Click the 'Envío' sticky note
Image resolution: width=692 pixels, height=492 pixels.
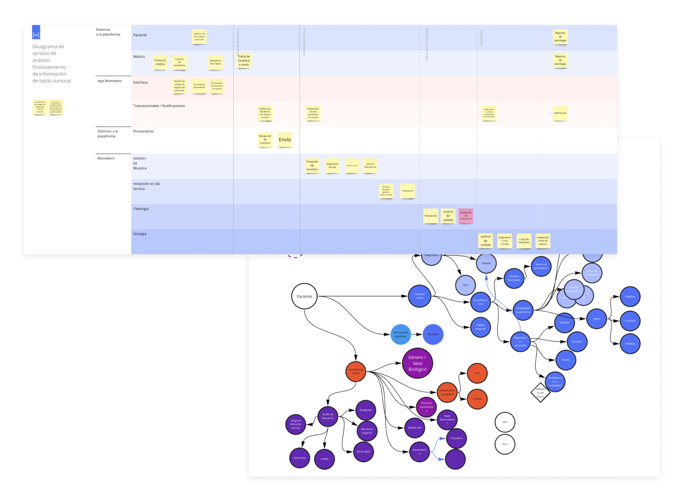pyautogui.click(x=285, y=140)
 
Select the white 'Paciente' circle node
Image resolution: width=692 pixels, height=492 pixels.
pyautogui.click(x=304, y=296)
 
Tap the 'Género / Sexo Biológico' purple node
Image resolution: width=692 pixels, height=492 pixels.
pyautogui.click(x=417, y=363)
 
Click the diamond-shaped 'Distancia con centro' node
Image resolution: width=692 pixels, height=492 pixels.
pyautogui.click(x=540, y=393)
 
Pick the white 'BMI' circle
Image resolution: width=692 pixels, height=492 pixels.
pyautogui.click(x=505, y=422)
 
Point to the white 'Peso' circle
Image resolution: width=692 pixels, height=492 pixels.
pyautogui.click(x=505, y=444)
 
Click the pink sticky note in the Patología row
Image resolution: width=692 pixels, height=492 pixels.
pyautogui.click(x=466, y=216)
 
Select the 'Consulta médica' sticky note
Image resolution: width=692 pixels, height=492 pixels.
pyautogui.click(x=160, y=62)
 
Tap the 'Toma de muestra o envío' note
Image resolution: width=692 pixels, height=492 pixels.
pyautogui.click(x=244, y=61)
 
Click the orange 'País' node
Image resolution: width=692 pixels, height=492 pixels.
pyautogui.click(x=477, y=373)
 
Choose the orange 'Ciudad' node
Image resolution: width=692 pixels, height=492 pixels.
pyautogui.click(x=477, y=399)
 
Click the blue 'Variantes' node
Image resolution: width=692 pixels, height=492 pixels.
pyautogui.click(x=433, y=334)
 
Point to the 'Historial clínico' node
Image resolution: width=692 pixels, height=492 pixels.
pyautogui.click(x=420, y=296)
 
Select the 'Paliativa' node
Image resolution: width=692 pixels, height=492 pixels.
pyautogui.click(x=630, y=344)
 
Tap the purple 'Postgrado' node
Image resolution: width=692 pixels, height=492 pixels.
pyautogui.click(x=366, y=410)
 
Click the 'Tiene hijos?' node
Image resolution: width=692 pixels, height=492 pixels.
pyautogui.click(x=363, y=452)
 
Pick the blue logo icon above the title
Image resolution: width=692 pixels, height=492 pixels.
pyautogui.click(x=36, y=33)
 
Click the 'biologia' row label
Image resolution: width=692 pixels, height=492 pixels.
pyautogui.click(x=140, y=234)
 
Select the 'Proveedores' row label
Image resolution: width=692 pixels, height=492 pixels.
pyautogui.click(x=144, y=131)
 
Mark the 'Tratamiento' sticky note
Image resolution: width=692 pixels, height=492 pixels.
pyautogui.click(x=408, y=191)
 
